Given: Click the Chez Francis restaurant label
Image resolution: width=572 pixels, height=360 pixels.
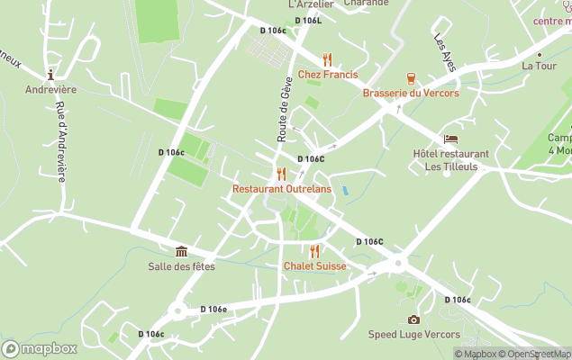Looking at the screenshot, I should tap(327, 75).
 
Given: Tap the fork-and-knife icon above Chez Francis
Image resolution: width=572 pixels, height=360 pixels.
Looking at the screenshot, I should tap(327, 59).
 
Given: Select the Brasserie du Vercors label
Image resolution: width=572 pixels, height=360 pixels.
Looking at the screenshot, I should tap(411, 94).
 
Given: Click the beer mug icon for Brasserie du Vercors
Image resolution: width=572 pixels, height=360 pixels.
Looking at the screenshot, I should tap(411, 78).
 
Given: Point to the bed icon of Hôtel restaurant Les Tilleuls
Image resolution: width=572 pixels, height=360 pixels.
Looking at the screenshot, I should tap(450, 139).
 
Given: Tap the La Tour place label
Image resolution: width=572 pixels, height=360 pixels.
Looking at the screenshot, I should tap(539, 66).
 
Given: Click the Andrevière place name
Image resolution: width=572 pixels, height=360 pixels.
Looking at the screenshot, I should tap(51, 90).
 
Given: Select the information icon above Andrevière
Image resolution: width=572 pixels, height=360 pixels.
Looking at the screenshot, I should tap(51, 75).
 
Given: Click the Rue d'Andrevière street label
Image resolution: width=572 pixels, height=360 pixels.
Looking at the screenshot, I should tap(60, 141).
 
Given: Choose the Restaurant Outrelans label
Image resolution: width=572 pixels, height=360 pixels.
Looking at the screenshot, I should tap(281, 189).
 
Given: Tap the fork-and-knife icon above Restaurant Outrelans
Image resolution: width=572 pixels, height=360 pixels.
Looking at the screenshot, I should tap(281, 174).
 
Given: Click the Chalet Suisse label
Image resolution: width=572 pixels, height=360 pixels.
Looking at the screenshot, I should tap(314, 266).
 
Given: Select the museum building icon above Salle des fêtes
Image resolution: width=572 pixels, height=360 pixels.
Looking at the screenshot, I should tap(181, 251).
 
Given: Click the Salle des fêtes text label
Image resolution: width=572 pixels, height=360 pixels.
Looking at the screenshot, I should tap(181, 266).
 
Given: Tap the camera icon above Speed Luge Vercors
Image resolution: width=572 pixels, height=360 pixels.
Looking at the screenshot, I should tap(413, 319).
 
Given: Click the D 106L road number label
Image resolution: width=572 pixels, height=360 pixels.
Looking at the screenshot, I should tap(307, 21).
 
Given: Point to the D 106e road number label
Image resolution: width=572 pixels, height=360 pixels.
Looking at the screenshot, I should tap(212, 309).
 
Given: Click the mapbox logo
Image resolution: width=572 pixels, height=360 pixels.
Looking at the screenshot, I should tap(40, 348).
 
